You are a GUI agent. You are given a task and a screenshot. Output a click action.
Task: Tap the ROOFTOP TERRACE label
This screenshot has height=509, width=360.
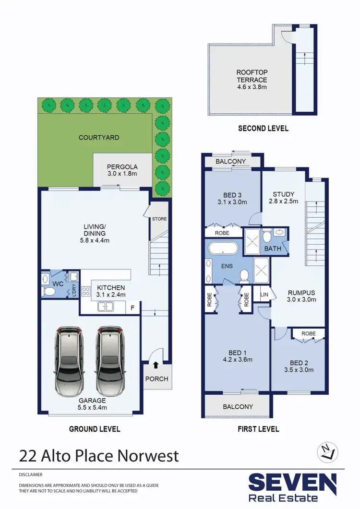click(252, 76)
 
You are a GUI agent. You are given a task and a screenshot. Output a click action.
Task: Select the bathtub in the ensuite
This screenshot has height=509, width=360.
click(223, 248)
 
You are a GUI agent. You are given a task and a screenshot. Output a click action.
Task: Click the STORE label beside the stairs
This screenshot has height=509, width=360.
click(159, 219)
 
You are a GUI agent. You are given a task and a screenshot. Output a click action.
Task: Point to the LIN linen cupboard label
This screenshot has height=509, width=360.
click(264, 294)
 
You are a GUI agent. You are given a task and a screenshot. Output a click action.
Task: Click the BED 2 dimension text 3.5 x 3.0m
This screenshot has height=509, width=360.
click(299, 370)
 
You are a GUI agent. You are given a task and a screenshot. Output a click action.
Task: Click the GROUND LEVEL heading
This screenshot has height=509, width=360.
click(95, 429)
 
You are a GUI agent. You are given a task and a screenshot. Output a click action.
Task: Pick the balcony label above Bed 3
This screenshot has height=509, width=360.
click(231, 162)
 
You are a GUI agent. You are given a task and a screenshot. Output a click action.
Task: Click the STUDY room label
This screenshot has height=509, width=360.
click(283, 194)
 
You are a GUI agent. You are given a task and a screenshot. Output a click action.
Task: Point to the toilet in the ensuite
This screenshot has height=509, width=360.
click(244, 275)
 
